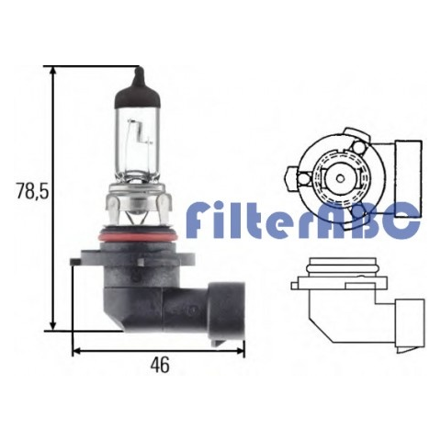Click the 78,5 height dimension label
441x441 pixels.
32,191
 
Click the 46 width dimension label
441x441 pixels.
160,365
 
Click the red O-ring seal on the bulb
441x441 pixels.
138,237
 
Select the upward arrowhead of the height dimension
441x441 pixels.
53,72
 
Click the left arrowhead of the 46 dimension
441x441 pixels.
77,351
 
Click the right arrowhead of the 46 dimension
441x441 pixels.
240,351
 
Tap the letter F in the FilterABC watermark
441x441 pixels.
196,219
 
